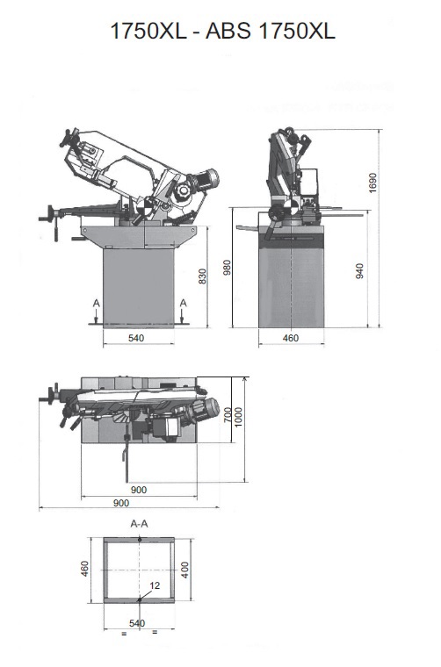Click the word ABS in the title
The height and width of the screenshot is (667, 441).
(x=229, y=31)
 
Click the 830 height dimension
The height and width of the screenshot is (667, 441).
(x=203, y=276)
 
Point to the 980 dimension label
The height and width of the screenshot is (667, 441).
(x=228, y=268)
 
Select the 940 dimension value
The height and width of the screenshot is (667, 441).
(x=359, y=271)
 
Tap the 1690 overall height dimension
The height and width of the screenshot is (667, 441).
(x=372, y=183)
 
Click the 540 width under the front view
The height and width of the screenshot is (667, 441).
(x=136, y=338)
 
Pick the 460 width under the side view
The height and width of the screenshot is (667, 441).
(x=291, y=338)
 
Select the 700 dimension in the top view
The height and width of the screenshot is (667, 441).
(x=228, y=414)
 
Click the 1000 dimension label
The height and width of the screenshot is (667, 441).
(x=238, y=417)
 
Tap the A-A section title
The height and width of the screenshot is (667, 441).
(x=139, y=524)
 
